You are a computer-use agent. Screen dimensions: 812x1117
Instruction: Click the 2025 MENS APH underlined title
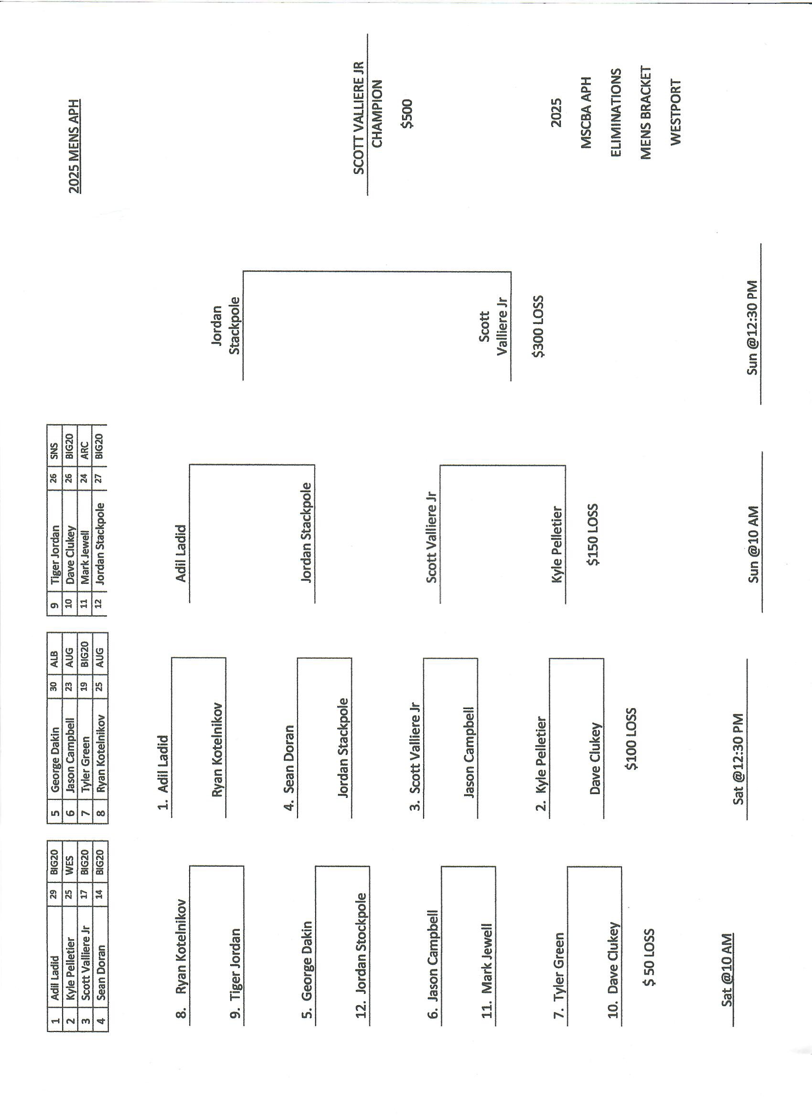(75, 146)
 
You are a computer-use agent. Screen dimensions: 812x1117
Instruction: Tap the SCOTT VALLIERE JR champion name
(359, 118)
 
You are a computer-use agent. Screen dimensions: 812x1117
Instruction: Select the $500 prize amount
(407, 114)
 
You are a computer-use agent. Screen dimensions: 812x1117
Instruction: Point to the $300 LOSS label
(538, 326)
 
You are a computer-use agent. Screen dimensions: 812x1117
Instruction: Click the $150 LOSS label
(593, 534)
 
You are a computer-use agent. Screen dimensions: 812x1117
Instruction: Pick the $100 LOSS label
(631, 739)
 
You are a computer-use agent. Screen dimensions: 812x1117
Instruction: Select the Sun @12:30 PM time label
(752, 328)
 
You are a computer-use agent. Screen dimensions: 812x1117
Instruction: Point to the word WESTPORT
(675, 112)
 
